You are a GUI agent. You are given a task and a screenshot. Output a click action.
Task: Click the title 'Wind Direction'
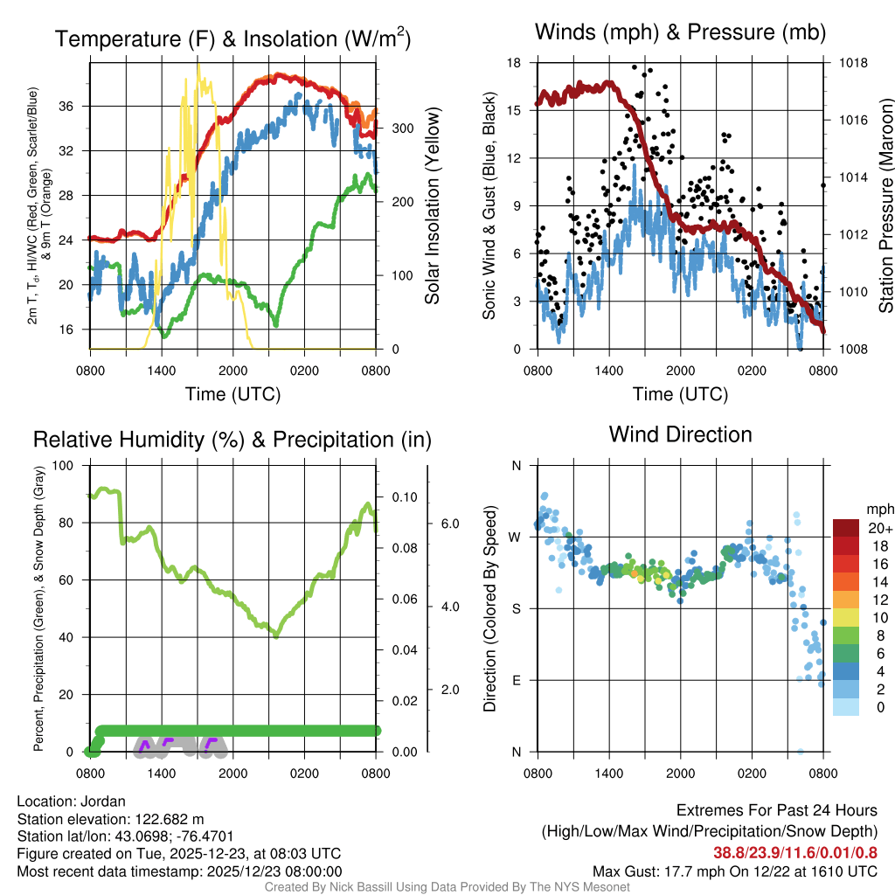click(680, 434)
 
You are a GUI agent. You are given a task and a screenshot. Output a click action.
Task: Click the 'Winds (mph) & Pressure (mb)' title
click(680, 33)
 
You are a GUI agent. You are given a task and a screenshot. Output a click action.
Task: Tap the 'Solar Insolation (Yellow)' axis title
click(432, 206)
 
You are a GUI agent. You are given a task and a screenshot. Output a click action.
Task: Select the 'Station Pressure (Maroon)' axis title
click(885, 205)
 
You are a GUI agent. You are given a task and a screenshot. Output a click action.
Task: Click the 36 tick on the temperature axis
click(75, 107)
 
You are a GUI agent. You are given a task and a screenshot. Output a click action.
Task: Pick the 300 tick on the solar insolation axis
click(400, 128)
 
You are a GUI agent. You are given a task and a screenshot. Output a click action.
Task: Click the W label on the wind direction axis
click(516, 537)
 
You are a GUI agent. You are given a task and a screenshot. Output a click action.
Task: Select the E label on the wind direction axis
click(517, 680)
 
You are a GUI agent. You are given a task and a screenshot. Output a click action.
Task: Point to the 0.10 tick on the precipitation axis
click(403, 497)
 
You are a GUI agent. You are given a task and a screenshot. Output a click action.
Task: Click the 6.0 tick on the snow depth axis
click(448, 524)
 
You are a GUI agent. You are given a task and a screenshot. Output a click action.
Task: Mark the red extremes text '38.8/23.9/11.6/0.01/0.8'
click(795, 853)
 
